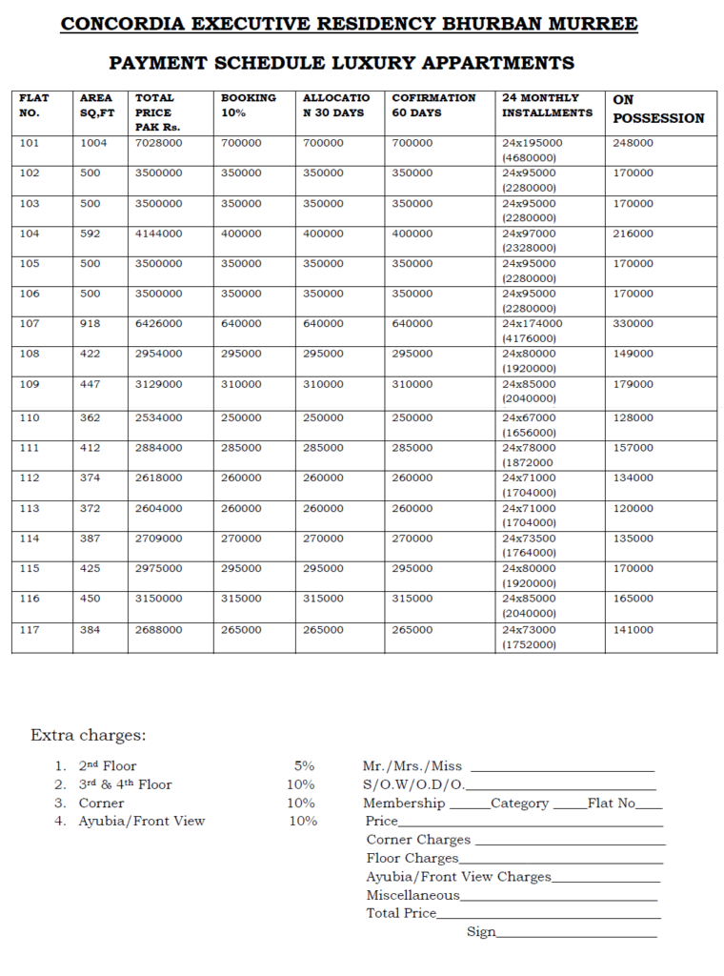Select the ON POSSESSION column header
click(658, 109)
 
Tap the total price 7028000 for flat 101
click(159, 143)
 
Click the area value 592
click(90, 234)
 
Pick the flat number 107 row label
click(30, 324)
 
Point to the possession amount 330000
click(633, 324)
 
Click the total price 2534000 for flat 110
click(159, 417)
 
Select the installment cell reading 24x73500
click(533, 539)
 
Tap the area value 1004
click(94, 143)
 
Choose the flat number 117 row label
click(30, 630)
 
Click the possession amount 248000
click(633, 143)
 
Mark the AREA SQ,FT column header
click(96, 105)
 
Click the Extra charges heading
click(88, 736)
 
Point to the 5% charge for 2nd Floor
click(304, 765)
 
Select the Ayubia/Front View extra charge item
click(142, 821)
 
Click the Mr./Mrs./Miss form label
click(412, 766)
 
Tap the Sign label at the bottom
click(481, 932)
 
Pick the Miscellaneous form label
click(412, 895)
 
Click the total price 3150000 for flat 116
click(159, 599)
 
